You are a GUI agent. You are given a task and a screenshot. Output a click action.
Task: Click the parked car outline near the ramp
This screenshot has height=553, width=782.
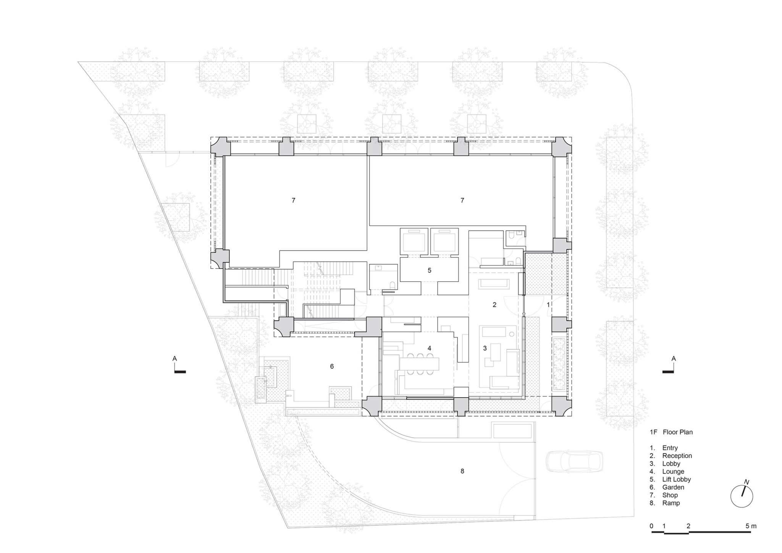[575, 461]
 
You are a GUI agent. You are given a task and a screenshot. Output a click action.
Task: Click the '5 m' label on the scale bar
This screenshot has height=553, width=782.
[751, 526]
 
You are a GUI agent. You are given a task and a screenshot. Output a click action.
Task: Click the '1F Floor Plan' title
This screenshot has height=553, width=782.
[671, 432]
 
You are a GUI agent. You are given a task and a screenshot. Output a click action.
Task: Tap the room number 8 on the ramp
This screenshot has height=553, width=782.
[462, 471]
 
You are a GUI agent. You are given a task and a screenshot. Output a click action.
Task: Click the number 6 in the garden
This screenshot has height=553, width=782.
[332, 366]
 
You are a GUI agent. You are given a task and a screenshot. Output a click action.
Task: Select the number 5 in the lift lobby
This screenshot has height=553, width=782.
[430, 270]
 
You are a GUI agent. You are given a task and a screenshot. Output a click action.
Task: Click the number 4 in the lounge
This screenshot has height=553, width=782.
[430, 348]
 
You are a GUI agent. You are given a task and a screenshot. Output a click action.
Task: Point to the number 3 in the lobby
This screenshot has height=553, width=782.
[485, 348]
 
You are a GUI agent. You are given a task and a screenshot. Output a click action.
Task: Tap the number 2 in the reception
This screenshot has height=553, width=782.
[494, 305]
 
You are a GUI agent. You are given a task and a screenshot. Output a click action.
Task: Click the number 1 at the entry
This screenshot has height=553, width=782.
[548, 305]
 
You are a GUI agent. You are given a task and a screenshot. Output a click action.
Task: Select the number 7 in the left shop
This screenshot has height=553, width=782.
[293, 200]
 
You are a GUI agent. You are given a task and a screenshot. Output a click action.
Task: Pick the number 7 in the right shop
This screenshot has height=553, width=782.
[462, 200]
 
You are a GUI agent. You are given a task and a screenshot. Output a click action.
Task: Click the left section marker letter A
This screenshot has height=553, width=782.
[174, 359]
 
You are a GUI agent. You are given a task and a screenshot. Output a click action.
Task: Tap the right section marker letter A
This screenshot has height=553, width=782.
[674, 359]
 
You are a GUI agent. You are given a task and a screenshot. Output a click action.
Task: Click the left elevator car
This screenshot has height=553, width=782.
[413, 241]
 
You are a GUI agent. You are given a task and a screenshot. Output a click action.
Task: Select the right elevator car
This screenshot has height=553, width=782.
[444, 241]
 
